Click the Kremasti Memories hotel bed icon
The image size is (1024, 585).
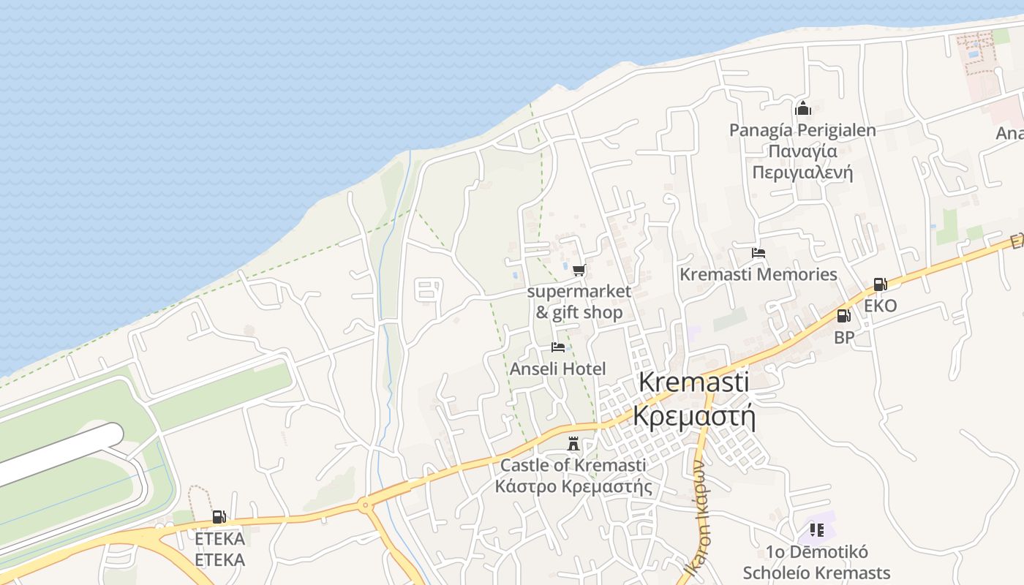pos(758,254)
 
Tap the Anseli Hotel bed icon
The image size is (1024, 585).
pos(558,347)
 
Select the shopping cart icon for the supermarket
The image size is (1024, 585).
pos(579,271)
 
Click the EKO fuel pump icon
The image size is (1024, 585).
pos(880,284)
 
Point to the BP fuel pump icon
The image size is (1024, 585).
pos(843,316)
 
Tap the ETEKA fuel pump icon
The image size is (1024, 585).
pos(219,517)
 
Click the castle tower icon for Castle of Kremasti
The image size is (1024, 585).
pos(573,444)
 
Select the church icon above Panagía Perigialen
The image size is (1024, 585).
pos(802,109)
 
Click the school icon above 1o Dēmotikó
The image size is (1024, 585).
pos(816,529)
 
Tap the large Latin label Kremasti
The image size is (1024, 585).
pos(693,382)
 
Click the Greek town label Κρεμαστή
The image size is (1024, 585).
pos(693,415)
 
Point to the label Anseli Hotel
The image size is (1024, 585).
pos(558,369)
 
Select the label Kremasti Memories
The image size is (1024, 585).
pos(758,274)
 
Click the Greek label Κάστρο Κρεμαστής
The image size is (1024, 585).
pos(573,486)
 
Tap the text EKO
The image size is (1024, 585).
pos(880,306)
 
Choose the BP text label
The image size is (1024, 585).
pos(844,338)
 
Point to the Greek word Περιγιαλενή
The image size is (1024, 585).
pos(802,173)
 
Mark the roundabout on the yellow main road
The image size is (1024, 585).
pos(364,504)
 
